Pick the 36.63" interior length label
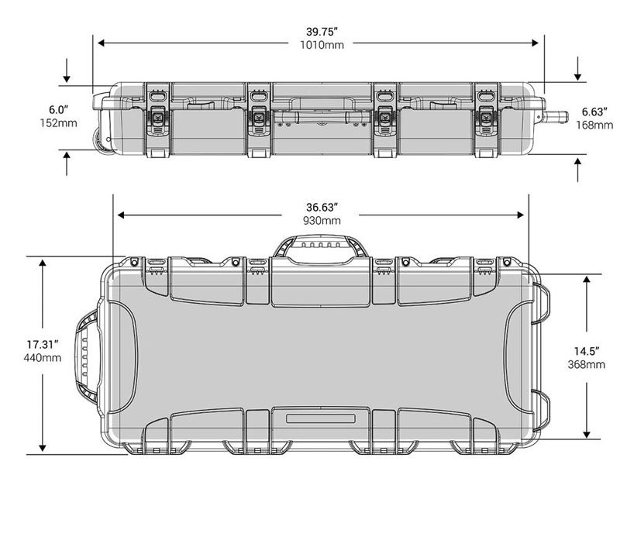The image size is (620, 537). click(x=322, y=208)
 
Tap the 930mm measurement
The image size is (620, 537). click(x=322, y=221)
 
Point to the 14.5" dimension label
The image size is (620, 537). click(x=587, y=351)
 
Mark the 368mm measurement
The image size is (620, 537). click(x=587, y=364)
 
